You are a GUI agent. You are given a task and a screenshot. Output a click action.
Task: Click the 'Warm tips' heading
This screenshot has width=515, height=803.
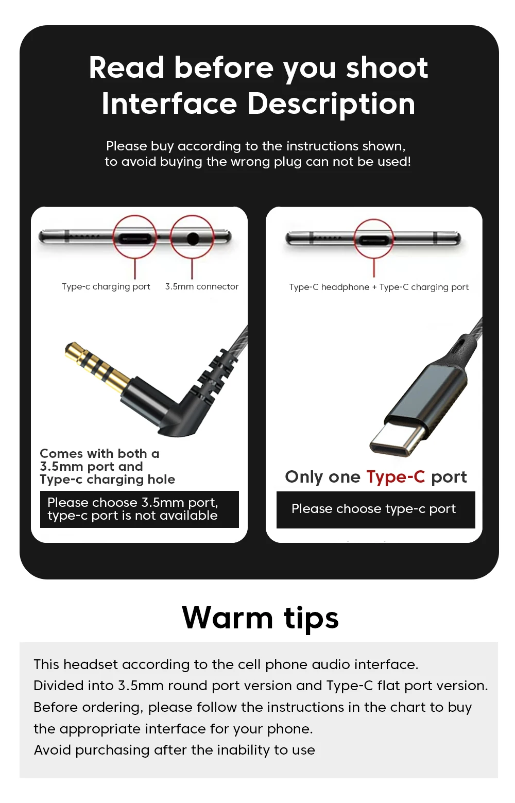click(260, 618)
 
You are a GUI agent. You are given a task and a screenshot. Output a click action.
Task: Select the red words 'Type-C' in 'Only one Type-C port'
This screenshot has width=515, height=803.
click(396, 477)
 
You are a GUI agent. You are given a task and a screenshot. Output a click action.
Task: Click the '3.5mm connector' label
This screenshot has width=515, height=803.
click(202, 286)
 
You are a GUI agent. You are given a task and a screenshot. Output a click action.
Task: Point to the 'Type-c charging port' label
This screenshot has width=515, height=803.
click(106, 287)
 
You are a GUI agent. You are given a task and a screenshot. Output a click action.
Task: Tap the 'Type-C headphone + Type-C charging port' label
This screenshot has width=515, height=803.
click(379, 287)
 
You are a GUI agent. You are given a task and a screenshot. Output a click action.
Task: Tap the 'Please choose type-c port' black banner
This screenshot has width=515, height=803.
click(375, 509)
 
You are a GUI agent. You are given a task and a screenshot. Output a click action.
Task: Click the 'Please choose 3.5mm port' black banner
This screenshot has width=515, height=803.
click(140, 509)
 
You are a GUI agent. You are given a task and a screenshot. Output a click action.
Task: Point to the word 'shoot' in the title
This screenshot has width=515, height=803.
click(387, 67)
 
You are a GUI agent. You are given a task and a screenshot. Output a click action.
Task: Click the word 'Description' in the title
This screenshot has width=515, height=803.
click(331, 105)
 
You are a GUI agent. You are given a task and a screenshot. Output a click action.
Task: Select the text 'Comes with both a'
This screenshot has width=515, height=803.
click(99, 453)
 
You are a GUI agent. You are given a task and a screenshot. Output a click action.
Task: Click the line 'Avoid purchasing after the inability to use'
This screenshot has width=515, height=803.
click(174, 750)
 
